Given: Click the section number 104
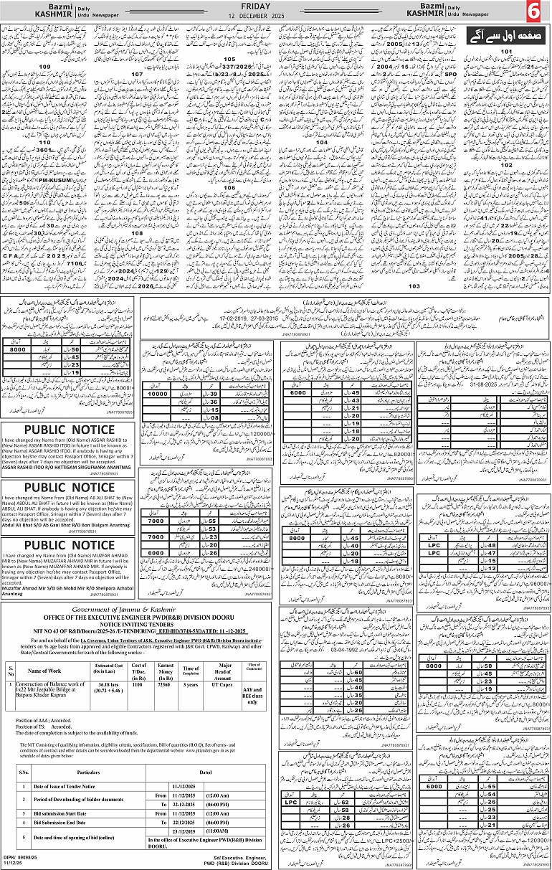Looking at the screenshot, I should [x=323, y=142].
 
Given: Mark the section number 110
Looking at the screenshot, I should [x=45, y=143].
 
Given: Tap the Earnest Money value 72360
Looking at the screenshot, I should [x=167, y=687].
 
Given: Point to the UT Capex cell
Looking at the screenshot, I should [x=229, y=687].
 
